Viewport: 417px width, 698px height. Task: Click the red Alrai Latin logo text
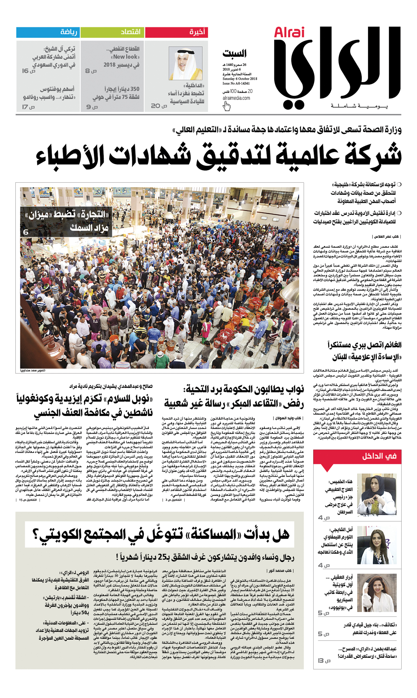click(x=289, y=33)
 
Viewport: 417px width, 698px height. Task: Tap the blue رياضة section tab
click(x=48, y=32)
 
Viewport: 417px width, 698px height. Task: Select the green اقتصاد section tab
click(x=112, y=32)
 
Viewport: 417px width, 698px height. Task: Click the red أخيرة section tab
click(x=177, y=32)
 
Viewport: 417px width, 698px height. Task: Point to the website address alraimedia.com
click(x=236, y=98)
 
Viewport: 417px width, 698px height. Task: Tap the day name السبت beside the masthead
click(x=234, y=53)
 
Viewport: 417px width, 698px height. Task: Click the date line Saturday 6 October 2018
click(x=240, y=79)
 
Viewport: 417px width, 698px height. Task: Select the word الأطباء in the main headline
click(x=70, y=156)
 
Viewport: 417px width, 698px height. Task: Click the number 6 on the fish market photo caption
click(x=26, y=232)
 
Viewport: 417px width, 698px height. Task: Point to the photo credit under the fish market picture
click(x=33, y=371)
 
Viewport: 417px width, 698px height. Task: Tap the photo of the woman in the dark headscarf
click(x=377, y=494)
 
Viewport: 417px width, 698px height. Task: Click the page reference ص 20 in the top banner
click(x=159, y=106)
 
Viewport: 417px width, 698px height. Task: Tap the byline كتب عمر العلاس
click(x=387, y=237)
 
